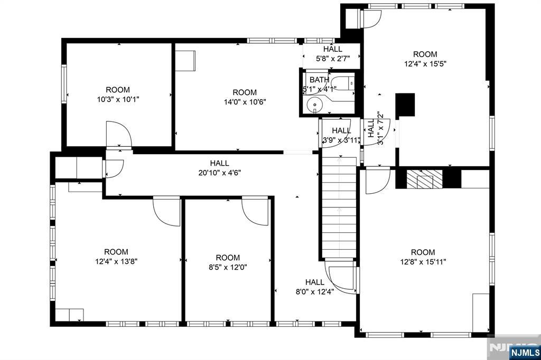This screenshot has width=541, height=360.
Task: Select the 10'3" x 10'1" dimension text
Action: [118, 100]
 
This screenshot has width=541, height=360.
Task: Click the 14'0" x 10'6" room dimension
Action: [245, 102]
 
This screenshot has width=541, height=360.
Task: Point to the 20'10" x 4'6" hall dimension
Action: [219, 173]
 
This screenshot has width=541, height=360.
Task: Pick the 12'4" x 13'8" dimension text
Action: [116, 261]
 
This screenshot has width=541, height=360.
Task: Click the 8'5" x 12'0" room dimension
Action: [228, 267]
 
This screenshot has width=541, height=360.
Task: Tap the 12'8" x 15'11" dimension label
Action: [423, 262]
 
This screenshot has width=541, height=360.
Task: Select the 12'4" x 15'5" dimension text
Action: [425, 64]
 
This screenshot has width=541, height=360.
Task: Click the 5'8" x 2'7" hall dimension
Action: [333, 59]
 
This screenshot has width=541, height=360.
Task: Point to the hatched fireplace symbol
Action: [424, 178]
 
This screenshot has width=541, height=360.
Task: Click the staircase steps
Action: [340, 207]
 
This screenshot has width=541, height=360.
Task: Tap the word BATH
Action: [319, 80]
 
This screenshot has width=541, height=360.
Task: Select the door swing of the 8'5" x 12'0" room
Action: [255, 211]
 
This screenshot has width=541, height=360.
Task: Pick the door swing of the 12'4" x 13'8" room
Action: [166, 211]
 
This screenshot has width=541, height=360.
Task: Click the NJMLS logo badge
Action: [525, 352]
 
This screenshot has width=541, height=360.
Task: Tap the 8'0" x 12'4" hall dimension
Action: [315, 292]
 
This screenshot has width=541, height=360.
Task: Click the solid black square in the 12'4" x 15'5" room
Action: [405, 105]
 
